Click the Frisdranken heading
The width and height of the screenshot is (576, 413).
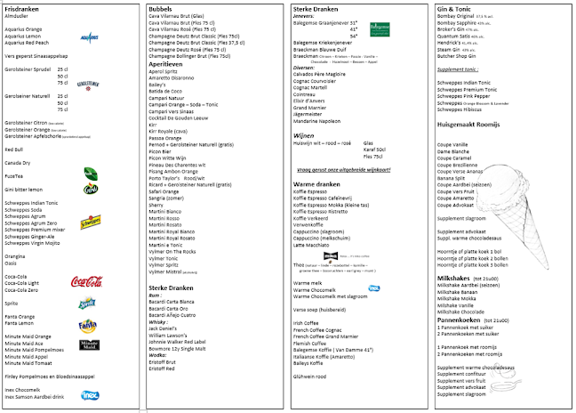[23, 9]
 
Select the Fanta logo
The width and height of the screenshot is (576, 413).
[88, 326]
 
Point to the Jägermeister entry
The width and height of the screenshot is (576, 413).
[312, 115]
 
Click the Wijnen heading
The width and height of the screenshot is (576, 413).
[304, 136]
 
